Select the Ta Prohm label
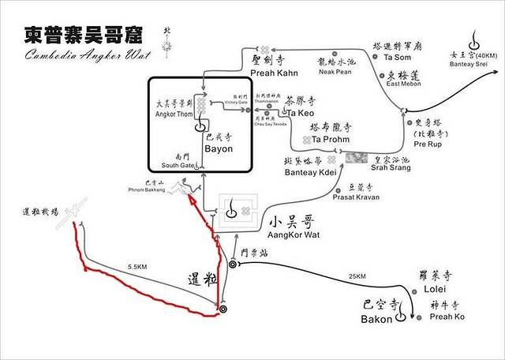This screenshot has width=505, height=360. coord(331,139)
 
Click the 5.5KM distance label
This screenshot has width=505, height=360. coord(137,268)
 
